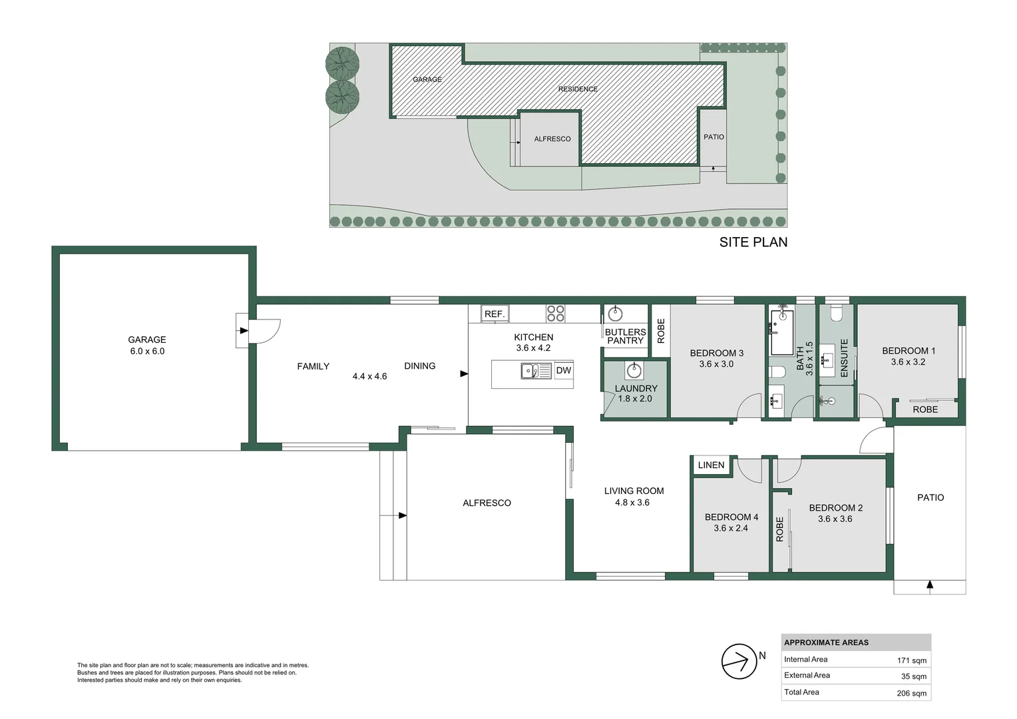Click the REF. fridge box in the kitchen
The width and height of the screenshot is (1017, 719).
pyautogui.click(x=495, y=314)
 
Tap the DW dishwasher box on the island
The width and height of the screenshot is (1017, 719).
pyautogui.click(x=564, y=371)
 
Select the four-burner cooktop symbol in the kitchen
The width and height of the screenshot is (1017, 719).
pyautogui.click(x=556, y=314)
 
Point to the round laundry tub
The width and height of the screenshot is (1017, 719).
pyautogui.click(x=634, y=370)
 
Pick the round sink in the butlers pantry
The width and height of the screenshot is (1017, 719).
pyautogui.click(x=616, y=313)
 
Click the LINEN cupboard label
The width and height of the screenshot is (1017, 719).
pyautogui.click(x=711, y=465)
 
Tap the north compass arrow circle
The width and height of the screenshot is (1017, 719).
pyautogui.click(x=739, y=661)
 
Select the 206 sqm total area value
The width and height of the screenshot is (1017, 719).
pyautogui.click(x=911, y=693)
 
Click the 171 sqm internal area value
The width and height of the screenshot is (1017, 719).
pyautogui.click(x=911, y=660)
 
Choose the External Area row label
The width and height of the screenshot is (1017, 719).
pyautogui.click(x=807, y=676)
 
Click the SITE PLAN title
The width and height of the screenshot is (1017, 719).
pyautogui.click(x=753, y=242)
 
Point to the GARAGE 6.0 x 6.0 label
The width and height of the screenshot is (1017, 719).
pyautogui.click(x=147, y=346)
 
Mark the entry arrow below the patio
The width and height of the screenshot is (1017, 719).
pyautogui.click(x=930, y=585)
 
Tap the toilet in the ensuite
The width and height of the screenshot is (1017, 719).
pyautogui.click(x=837, y=312)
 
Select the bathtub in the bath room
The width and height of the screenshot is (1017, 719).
pyautogui.click(x=782, y=331)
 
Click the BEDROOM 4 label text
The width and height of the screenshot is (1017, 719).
pyautogui.click(x=731, y=517)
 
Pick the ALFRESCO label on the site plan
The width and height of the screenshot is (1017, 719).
pyautogui.click(x=552, y=139)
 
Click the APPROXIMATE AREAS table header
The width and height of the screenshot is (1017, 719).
pyautogui.click(x=826, y=643)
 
